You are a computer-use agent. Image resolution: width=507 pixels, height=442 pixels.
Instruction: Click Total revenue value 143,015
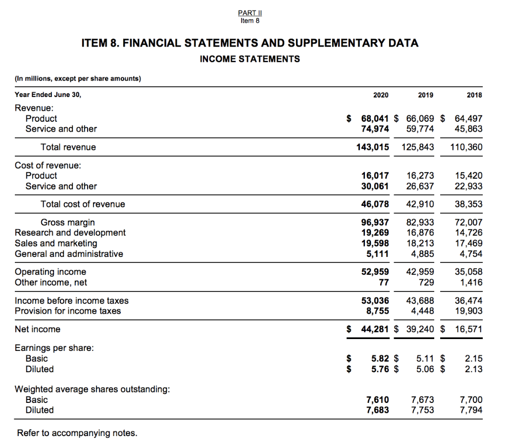click(x=373, y=147)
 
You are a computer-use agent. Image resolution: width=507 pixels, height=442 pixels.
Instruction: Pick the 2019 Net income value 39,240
click(x=420, y=329)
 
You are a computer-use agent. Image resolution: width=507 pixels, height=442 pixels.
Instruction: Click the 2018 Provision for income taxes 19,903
click(x=468, y=311)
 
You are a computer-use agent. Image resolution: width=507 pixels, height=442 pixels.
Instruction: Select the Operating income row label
click(x=51, y=272)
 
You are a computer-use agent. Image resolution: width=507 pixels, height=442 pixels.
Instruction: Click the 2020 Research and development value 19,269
click(x=375, y=233)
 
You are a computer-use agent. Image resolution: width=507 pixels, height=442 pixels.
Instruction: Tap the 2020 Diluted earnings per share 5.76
click(x=380, y=369)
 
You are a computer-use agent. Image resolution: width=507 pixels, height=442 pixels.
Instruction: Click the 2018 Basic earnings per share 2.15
click(x=474, y=358)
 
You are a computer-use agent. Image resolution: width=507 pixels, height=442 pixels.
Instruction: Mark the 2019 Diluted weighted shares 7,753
click(x=422, y=410)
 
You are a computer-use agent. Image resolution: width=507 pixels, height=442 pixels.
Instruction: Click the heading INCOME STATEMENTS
click(x=250, y=59)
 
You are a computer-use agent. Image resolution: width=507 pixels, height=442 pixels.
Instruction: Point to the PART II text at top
click(x=250, y=13)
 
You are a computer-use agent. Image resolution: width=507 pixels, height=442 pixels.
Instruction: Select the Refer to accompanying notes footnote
click(x=77, y=433)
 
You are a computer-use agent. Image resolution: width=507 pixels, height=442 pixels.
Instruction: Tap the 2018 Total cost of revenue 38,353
click(x=468, y=204)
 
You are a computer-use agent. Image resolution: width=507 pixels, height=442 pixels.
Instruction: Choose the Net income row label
click(x=38, y=329)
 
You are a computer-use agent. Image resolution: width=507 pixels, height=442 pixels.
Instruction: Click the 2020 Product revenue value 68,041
click(x=375, y=118)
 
